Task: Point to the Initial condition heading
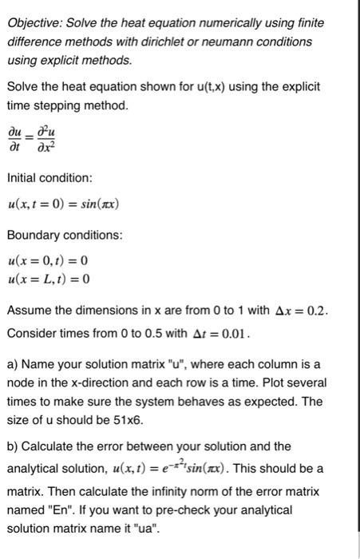[49, 176]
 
